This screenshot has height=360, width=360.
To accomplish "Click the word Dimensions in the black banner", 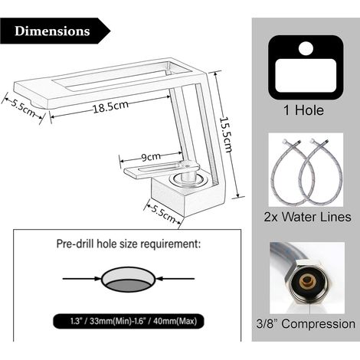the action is (52, 31).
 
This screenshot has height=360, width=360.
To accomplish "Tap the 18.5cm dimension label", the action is (110, 106).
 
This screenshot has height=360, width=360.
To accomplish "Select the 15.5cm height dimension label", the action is (226, 134).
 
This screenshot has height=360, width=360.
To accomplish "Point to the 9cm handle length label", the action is (151, 157).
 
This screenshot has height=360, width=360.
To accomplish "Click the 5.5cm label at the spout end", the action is (23, 108).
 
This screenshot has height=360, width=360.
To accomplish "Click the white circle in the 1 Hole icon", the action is (306, 48).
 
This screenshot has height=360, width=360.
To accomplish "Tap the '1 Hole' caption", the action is (303, 110).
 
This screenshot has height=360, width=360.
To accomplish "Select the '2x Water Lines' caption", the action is (307, 217).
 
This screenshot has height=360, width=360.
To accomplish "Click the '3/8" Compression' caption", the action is (306, 324).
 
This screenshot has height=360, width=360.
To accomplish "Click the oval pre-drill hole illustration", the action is (128, 280).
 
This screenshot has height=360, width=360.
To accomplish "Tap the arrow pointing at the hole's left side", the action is (82, 279).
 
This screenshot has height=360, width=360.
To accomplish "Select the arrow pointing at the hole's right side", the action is (175, 279).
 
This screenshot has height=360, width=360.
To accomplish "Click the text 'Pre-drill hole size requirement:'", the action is (129, 244).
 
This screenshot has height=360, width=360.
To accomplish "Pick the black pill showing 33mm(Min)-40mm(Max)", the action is (129, 321).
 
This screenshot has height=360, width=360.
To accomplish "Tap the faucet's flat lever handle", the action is (162, 168).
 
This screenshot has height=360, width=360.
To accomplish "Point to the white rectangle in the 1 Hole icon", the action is (306, 76).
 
